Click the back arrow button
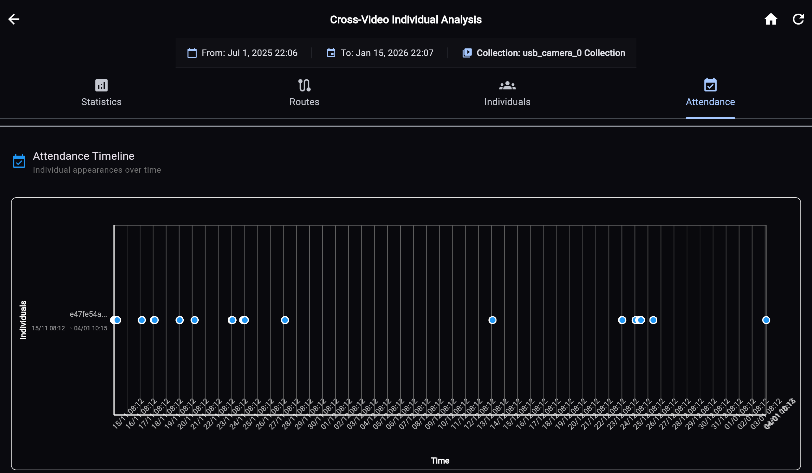click(x=14, y=19)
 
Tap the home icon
click(x=771, y=19)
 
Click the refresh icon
click(x=798, y=19)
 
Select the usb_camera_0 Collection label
click(x=550, y=53)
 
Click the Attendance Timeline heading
click(x=84, y=156)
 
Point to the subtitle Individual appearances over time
click(x=97, y=170)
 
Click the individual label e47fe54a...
click(x=88, y=314)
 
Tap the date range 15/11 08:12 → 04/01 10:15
click(x=69, y=328)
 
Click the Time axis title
click(x=440, y=461)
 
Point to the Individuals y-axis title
click(x=23, y=320)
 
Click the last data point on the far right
click(x=766, y=320)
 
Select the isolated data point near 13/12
click(x=492, y=320)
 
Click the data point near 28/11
click(x=285, y=320)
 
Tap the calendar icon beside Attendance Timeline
click(x=19, y=161)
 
